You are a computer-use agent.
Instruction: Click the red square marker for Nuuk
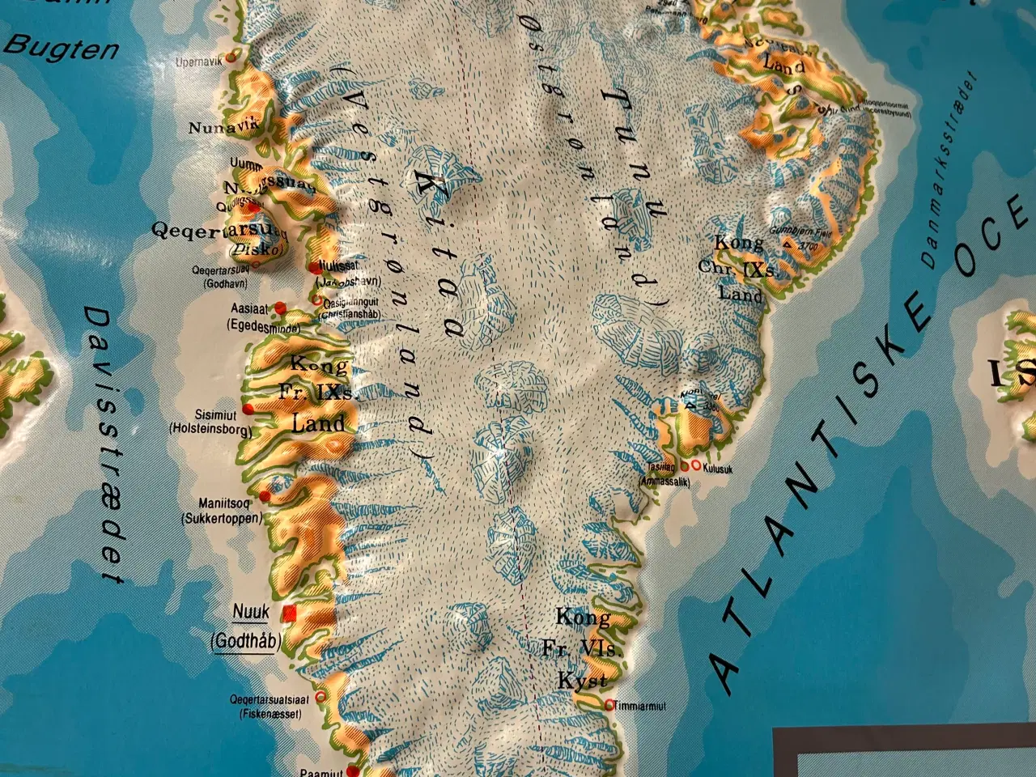click(290, 613)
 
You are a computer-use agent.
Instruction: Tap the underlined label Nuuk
click(250, 613)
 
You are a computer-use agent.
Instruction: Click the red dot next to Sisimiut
click(248, 412)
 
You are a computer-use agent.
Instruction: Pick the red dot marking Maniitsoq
click(265, 495)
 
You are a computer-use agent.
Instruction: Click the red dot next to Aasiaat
click(280, 308)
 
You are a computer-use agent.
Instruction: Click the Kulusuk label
click(718, 467)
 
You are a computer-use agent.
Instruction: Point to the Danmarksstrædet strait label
click(949, 169)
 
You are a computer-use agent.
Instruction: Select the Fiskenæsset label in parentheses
click(270, 714)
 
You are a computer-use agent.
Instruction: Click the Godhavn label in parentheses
click(223, 284)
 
